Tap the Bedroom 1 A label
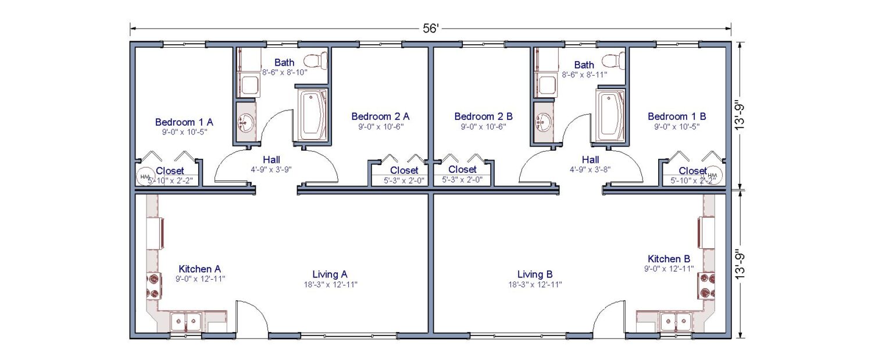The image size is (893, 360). (184, 122)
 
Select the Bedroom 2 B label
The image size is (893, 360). (484, 116)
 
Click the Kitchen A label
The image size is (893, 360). (199, 269)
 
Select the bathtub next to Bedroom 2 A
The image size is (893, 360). (313, 115)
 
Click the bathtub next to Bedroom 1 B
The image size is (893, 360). (610, 115)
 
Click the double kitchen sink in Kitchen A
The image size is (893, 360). (186, 320)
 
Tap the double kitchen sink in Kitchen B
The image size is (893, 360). (676, 320)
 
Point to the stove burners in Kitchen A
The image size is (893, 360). (154, 285)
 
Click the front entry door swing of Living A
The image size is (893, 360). (251, 317)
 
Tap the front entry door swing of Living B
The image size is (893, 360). (609, 317)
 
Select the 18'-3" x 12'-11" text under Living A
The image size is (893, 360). (330, 284)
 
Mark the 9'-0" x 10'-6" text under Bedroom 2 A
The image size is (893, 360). (381, 126)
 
